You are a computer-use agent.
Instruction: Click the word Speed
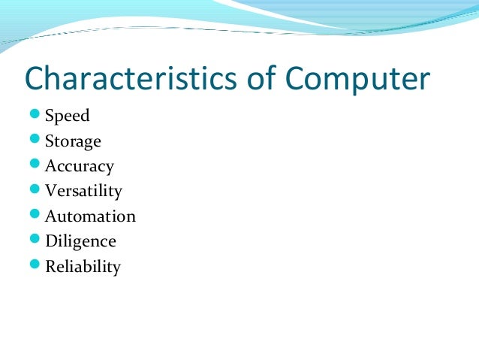(x=68, y=116)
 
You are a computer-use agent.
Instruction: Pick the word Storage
(x=73, y=142)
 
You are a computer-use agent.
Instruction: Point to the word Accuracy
(x=79, y=167)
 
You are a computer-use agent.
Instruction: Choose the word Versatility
(x=83, y=192)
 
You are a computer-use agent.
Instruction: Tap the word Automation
(x=90, y=216)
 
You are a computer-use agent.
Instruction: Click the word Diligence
(x=80, y=242)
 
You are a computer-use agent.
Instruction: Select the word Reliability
(x=83, y=267)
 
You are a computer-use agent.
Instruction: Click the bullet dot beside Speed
(x=35, y=115)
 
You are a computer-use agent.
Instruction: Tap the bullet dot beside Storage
(x=35, y=140)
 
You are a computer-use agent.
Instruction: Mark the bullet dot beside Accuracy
(x=35, y=165)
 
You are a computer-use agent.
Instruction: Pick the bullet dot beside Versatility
(x=35, y=190)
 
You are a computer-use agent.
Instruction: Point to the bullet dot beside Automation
(x=35, y=215)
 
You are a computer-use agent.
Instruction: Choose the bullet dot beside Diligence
(x=35, y=240)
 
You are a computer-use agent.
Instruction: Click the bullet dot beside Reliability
(x=35, y=265)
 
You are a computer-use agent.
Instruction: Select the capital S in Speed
(x=50, y=116)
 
